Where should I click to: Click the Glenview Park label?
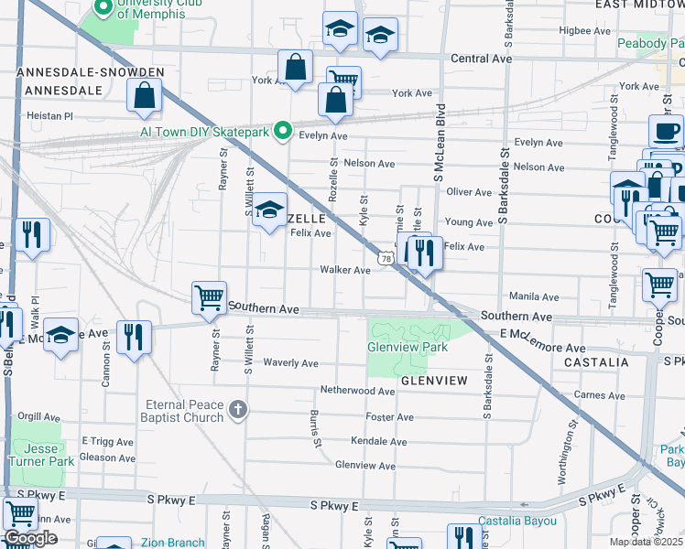(x=408, y=348)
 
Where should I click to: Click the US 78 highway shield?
(x=386, y=260)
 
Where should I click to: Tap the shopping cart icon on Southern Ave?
(x=209, y=297)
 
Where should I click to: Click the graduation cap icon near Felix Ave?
(x=269, y=210)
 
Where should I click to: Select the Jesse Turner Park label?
(x=38, y=455)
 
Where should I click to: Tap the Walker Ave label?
(x=344, y=270)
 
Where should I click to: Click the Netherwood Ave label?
(x=356, y=391)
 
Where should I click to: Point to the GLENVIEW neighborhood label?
(x=433, y=380)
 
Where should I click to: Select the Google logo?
(x=30, y=538)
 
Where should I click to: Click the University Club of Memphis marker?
(x=103, y=10)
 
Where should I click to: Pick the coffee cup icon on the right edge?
(x=666, y=132)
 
